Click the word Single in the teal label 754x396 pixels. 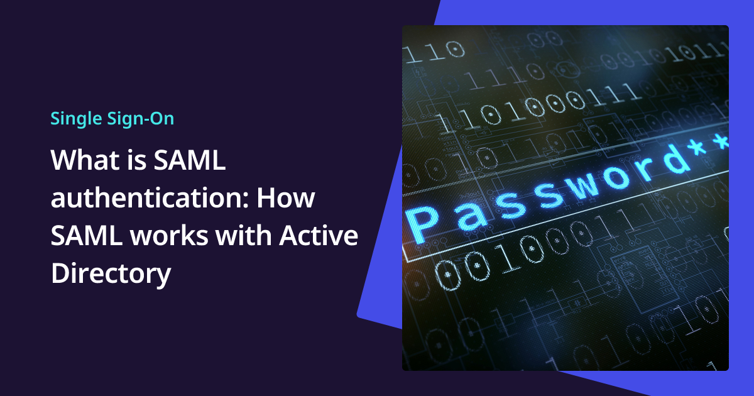tap(71, 118)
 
